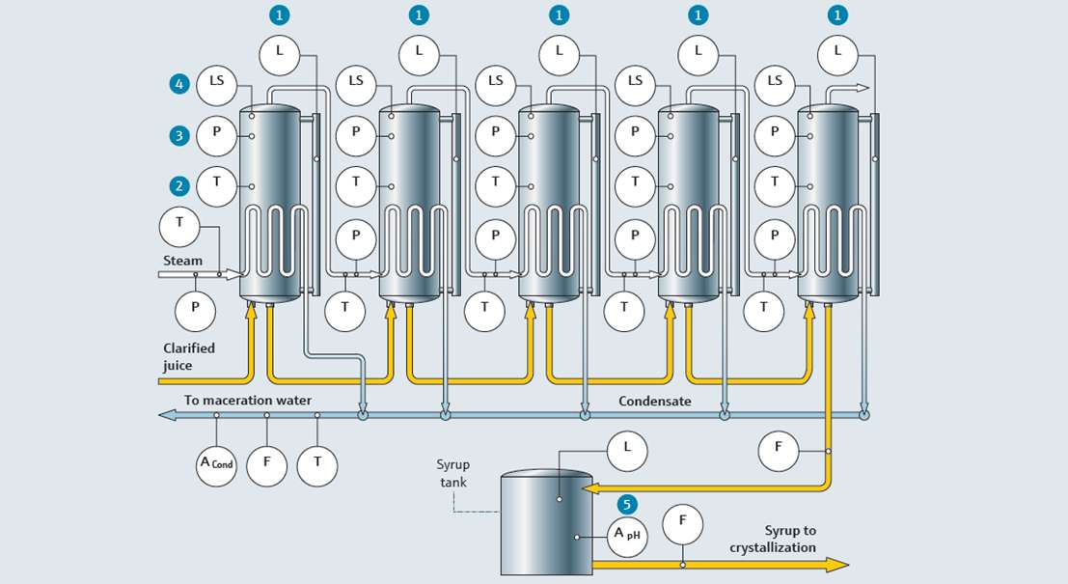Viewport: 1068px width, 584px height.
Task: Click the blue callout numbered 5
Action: tap(627, 503)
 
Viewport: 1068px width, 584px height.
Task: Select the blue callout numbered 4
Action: tap(178, 84)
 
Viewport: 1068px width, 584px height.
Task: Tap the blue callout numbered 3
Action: tap(178, 135)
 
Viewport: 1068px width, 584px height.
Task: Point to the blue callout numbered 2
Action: tap(178, 185)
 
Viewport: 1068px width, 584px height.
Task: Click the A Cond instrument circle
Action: tap(216, 464)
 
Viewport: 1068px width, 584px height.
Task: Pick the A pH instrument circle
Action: tap(628, 533)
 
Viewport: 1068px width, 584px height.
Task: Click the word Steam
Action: tap(182, 261)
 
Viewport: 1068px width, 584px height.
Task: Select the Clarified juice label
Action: tap(189, 356)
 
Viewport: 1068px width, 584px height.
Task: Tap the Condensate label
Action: tap(654, 401)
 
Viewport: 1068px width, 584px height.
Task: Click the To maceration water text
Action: tap(248, 400)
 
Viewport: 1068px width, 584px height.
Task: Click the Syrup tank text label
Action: tap(452, 473)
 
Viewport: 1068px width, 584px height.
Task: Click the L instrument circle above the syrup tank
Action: tap(627, 449)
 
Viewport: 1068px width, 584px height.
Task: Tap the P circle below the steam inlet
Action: tap(195, 309)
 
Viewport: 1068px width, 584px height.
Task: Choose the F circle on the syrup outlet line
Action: tap(683, 523)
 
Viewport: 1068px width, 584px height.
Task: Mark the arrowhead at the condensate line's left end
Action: tap(167, 415)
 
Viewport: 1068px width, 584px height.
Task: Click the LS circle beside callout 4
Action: tap(216, 82)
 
